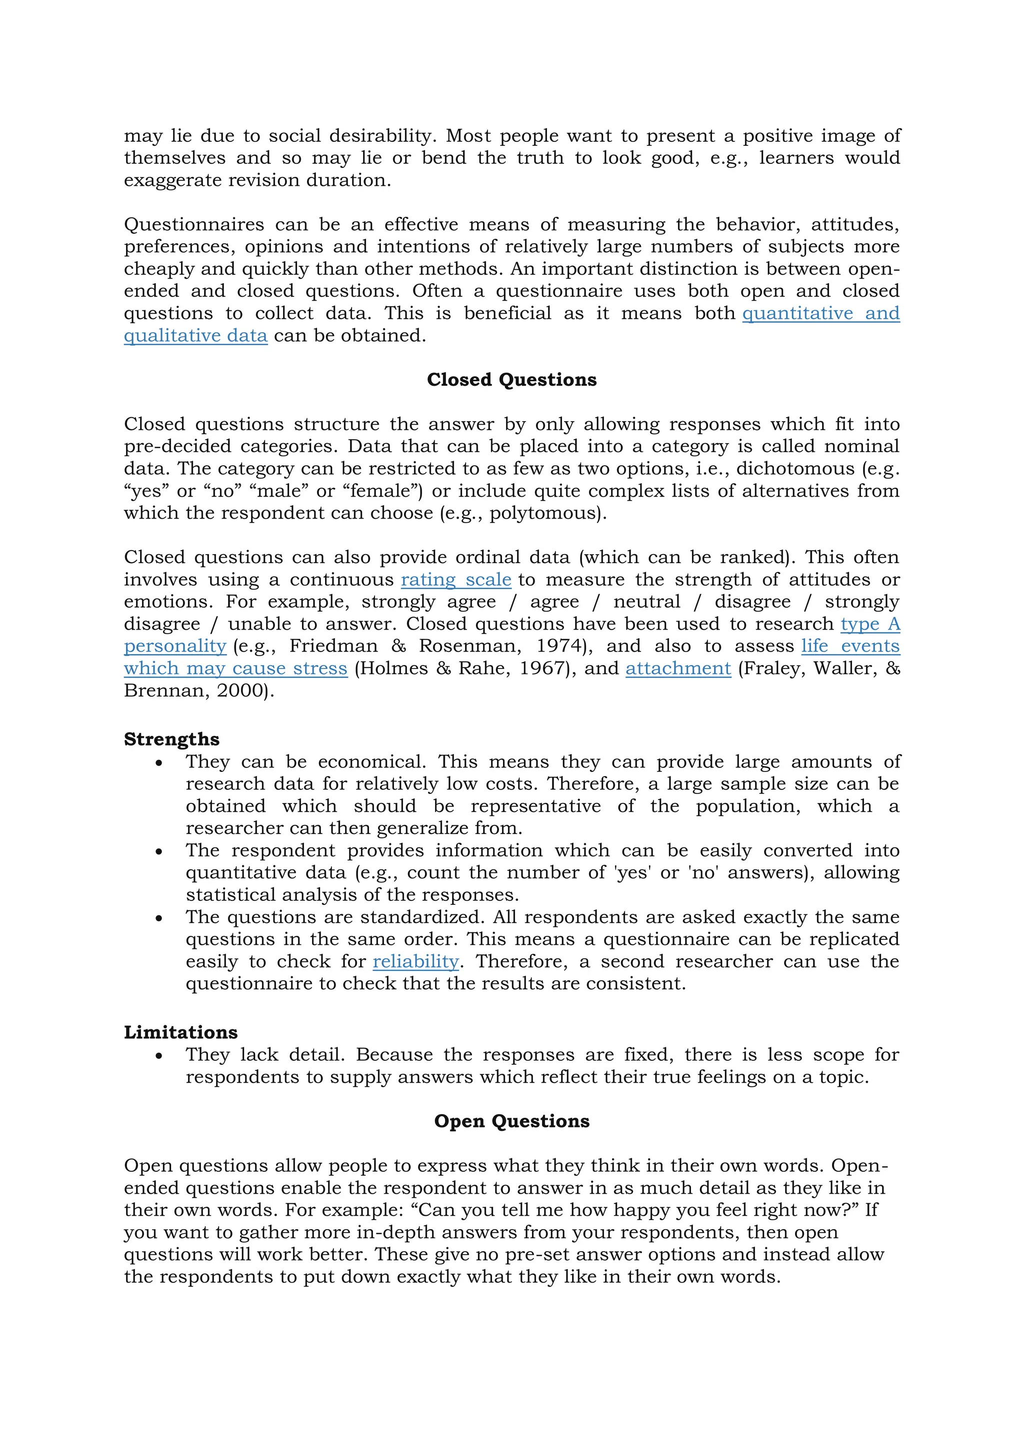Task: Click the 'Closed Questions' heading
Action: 511,379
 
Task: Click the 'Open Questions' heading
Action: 511,1121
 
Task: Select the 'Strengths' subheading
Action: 171,738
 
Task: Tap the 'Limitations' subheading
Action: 180,1032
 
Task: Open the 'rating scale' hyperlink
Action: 456,579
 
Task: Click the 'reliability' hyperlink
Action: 415,961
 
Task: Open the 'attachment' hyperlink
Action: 678,668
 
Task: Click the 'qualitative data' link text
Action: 195,335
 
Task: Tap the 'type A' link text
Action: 870,624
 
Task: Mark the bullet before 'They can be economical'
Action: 159,762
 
